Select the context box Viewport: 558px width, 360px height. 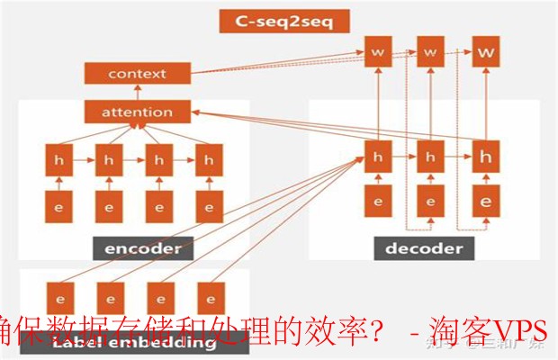click(x=137, y=74)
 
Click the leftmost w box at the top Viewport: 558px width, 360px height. click(x=378, y=53)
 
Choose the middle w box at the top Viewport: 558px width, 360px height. click(x=430, y=53)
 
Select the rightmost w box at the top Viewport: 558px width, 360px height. click(x=486, y=53)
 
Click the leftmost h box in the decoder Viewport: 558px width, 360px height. click(x=378, y=156)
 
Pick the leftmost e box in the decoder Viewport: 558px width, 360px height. click(x=378, y=201)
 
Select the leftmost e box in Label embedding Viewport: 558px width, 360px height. click(x=59, y=297)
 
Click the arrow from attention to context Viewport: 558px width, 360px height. click(x=138, y=93)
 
